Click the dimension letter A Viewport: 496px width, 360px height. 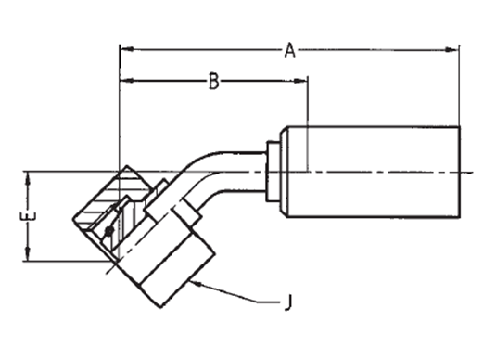(x=290, y=51)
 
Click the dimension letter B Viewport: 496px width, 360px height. (x=214, y=81)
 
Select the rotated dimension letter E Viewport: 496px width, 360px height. (x=28, y=216)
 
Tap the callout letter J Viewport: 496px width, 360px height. (x=287, y=302)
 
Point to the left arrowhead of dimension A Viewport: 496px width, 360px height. (x=127, y=49)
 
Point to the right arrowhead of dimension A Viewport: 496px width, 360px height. (x=451, y=50)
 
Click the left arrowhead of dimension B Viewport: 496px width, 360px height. (x=127, y=81)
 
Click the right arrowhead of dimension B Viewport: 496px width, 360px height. (x=299, y=81)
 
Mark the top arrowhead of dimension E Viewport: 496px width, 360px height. (x=28, y=178)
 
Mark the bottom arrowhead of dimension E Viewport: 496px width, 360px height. (x=28, y=254)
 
